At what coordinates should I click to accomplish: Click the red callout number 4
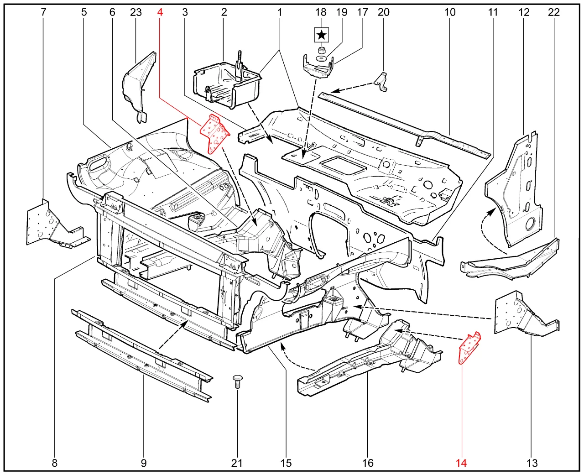coord(160,12)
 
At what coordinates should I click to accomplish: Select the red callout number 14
coord(461,463)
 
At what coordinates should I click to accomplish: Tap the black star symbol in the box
coord(322,34)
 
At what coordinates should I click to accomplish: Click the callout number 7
coord(43,12)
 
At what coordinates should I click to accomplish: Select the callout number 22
coord(553,12)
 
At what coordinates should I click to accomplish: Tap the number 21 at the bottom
coord(236,463)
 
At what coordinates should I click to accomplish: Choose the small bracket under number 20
coord(381,83)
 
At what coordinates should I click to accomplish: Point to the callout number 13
coord(532,463)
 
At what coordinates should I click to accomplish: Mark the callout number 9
coord(143,463)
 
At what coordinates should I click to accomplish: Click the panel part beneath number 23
coord(138,84)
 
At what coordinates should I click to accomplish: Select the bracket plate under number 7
coord(50,226)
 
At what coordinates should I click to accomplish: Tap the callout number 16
coord(368,463)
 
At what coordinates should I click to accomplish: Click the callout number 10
coord(450,12)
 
